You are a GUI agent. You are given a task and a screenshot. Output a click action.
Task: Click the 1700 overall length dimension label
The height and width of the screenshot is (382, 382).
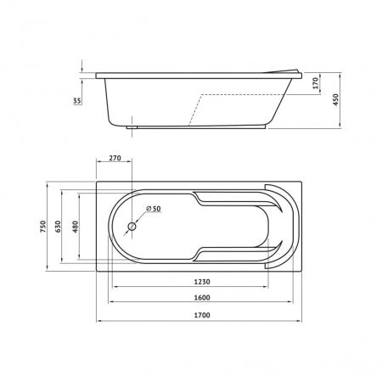202,315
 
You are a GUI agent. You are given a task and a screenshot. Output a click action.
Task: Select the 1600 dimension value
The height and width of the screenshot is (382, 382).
202,298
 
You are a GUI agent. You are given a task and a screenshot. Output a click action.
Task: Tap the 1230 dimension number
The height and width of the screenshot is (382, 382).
202,282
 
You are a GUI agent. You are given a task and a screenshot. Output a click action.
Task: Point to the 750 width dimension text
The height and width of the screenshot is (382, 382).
43,227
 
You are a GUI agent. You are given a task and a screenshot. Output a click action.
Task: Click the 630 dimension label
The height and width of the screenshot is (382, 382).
58,227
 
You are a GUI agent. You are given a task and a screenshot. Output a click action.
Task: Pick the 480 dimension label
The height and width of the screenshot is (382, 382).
76,227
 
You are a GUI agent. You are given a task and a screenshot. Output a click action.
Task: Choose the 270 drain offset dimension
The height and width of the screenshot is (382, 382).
115,158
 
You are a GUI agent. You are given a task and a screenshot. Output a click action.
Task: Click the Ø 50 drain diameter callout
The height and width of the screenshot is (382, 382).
154,209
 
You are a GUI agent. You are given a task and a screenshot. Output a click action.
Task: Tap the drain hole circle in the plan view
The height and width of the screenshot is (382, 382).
132,227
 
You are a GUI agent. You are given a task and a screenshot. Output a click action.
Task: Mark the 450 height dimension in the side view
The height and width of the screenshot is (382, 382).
335,99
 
